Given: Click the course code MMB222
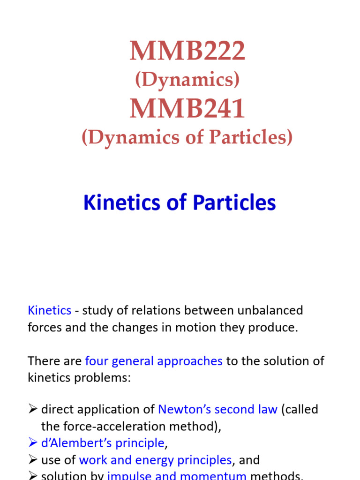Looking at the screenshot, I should coord(187,52).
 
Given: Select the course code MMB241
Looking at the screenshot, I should coord(187,109).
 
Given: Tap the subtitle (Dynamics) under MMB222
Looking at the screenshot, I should coord(187,80).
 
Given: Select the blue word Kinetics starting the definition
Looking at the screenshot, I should coord(49,310).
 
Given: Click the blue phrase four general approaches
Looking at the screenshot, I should coord(154,361).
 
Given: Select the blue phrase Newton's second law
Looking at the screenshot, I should coord(217,409).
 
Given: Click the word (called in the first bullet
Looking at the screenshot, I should coord(300,409).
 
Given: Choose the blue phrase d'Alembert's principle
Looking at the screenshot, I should coord(103,443).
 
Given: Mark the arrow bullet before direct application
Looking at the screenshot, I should coord(32,409).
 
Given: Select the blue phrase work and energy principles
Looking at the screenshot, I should coord(155,460).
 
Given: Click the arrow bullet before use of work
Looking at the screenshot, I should coord(32,460).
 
